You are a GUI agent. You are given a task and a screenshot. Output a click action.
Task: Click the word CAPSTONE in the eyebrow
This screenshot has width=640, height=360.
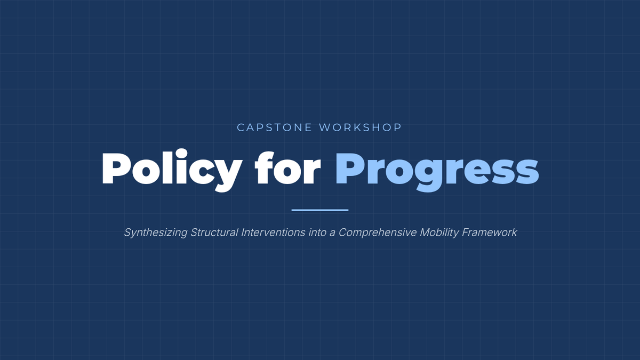click(x=274, y=127)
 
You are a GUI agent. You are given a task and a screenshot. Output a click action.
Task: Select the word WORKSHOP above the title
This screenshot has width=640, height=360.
click(x=361, y=127)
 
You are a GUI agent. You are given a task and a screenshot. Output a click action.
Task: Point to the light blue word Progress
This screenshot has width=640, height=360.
click(x=437, y=171)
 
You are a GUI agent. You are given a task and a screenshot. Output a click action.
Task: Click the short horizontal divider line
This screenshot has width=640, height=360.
click(x=320, y=210)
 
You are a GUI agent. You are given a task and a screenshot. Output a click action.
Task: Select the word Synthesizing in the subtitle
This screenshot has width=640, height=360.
click(x=156, y=233)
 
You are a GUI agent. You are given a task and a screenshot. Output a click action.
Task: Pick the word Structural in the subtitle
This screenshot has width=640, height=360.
click(x=214, y=233)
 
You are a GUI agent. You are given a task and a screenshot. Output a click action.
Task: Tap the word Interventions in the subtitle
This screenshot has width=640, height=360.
click(x=273, y=233)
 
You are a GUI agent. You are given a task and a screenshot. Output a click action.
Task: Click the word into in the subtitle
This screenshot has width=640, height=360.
click(x=317, y=233)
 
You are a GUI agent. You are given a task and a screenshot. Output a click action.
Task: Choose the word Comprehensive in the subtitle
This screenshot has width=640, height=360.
click(x=378, y=233)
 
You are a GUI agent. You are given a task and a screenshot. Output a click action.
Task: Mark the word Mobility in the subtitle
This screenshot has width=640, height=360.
click(x=439, y=233)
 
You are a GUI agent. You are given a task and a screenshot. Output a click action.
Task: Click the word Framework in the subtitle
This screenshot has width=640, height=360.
click(x=490, y=233)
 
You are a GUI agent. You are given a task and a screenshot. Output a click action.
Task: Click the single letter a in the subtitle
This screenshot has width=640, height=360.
click(x=332, y=234)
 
